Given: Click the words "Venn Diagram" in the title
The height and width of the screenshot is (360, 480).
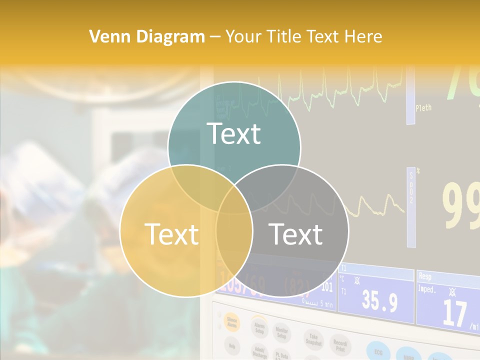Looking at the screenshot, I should (147, 36).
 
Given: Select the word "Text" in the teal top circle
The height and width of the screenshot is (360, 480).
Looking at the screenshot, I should (234, 133).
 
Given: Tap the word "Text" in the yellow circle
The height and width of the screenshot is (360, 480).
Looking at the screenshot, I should (171, 234).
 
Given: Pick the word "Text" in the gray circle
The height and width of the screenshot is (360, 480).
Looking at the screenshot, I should (296, 234).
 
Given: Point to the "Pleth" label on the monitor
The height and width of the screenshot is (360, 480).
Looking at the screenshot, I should (423, 107).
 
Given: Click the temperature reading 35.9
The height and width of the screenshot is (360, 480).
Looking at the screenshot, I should (379, 301).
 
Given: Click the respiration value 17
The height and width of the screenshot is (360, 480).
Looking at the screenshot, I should (454, 312).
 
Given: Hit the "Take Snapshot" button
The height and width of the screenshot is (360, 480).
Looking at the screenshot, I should (313, 340).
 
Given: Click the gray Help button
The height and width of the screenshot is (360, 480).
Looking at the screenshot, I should (231, 345).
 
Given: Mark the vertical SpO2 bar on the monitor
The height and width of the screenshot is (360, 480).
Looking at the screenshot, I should (411, 207).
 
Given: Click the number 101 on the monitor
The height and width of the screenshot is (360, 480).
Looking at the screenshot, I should (327, 287).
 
